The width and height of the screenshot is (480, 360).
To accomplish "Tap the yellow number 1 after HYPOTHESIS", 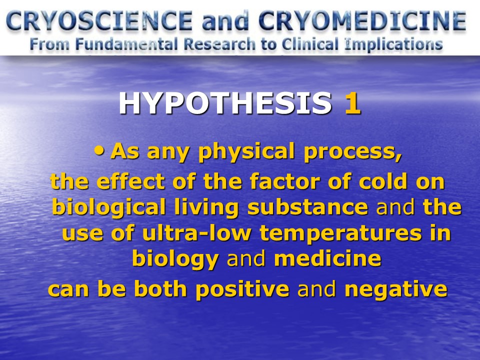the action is [x=352, y=103].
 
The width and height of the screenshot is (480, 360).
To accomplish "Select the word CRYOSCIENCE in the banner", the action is [x=99, y=21].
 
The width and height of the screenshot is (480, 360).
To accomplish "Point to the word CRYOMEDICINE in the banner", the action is [x=362, y=21].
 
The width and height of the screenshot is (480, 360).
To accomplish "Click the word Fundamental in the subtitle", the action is [x=126, y=44].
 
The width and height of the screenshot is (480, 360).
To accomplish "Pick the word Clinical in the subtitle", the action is [x=310, y=44].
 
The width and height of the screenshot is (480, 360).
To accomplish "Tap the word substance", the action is [x=307, y=206].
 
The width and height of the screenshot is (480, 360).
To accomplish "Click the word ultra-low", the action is [x=196, y=232].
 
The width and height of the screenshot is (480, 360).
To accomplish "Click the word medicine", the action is [x=327, y=258].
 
